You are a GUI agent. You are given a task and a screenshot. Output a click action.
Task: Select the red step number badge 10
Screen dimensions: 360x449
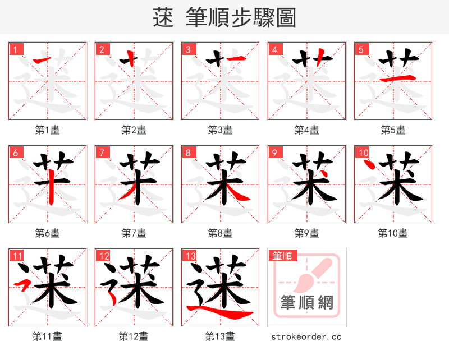(363, 153)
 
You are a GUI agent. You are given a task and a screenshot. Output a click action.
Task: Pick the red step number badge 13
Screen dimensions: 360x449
(190, 256)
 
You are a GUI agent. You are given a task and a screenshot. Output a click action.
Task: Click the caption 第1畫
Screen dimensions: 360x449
(47, 130)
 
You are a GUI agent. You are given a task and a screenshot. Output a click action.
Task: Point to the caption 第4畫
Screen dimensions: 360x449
(306, 130)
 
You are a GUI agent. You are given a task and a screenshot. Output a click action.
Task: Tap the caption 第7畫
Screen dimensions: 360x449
(134, 233)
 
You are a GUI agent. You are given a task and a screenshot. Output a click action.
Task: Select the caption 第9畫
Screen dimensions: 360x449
(306, 233)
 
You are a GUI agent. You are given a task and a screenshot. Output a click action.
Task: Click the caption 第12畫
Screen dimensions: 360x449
(134, 336)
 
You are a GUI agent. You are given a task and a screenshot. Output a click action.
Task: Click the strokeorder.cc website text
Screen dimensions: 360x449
(306, 336)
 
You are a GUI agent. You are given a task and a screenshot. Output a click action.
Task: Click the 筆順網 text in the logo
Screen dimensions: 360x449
(306, 303)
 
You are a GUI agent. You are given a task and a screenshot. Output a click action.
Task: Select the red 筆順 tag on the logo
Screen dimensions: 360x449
(282, 256)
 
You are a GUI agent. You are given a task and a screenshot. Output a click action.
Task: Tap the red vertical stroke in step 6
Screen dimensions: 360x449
(52, 188)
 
